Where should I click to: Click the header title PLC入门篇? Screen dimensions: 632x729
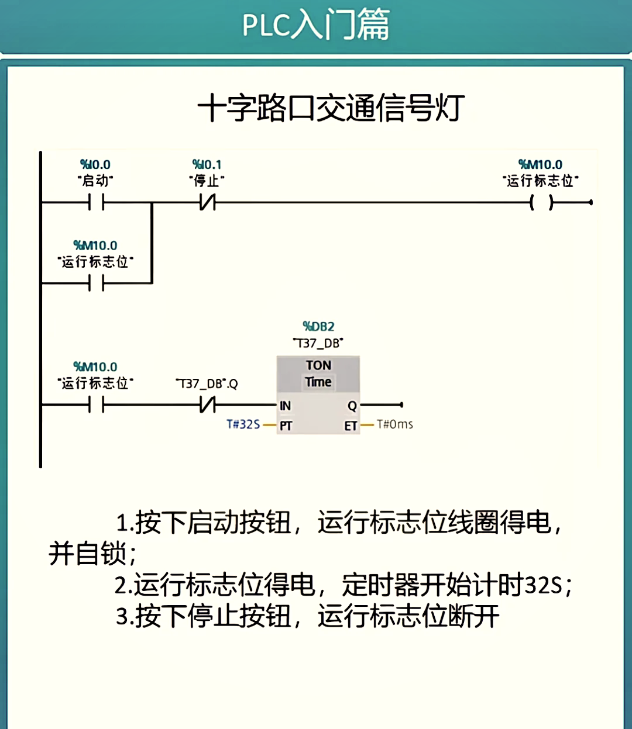tap(315, 25)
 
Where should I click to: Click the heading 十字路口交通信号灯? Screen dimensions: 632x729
tap(331, 108)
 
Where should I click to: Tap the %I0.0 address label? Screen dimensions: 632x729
tap(95, 164)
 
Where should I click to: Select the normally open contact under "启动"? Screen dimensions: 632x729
tap(96, 202)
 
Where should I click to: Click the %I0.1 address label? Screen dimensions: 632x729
tap(207, 164)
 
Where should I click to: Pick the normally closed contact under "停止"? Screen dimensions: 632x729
tap(208, 202)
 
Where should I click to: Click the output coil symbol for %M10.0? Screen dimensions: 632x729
tap(542, 202)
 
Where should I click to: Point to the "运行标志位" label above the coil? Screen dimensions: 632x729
tap(541, 181)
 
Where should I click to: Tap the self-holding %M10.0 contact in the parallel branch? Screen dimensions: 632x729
tap(96, 283)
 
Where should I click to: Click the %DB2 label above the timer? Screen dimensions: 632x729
tap(318, 327)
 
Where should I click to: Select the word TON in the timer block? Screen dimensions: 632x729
tap(318, 365)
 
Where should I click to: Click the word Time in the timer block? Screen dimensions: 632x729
tap(318, 382)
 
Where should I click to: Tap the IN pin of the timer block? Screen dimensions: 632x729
tap(286, 406)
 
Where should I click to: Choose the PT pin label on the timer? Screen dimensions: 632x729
tap(286, 426)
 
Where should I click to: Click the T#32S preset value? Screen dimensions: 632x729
tap(243, 424)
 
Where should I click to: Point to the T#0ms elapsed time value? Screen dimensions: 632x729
tap(395, 424)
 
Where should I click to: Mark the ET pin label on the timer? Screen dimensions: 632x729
tap(351, 426)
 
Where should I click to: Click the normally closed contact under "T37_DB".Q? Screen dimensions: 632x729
tap(208, 405)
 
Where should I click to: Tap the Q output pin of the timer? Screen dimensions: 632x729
tap(352, 406)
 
